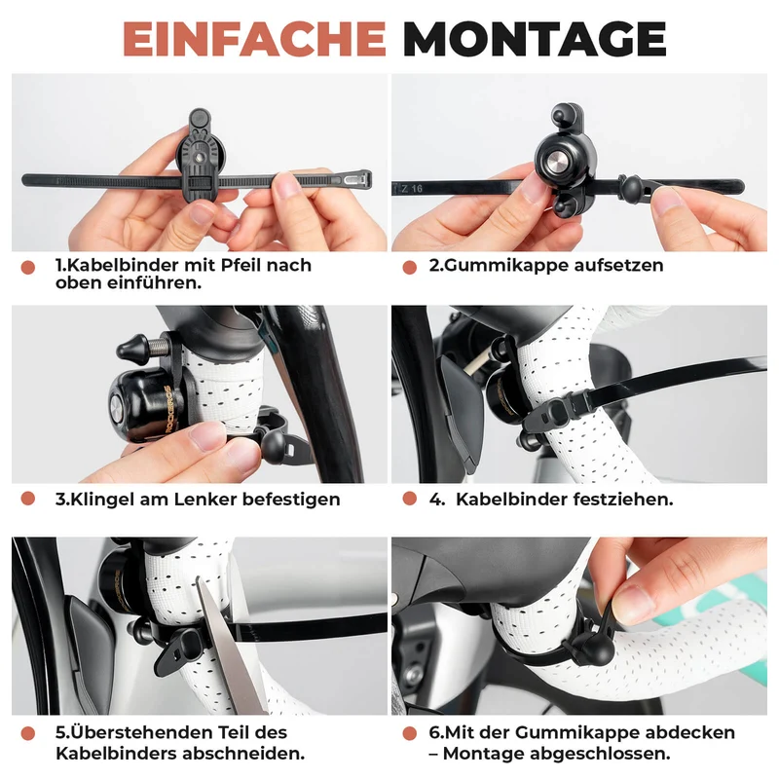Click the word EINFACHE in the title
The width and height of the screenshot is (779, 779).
point(254,39)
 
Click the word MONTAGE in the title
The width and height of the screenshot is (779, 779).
point(535,39)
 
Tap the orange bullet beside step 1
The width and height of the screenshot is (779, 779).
point(28,267)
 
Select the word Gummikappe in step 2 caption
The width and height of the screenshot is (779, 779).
point(505,265)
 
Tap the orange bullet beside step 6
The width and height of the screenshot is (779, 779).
point(410,733)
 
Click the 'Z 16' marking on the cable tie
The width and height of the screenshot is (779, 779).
point(411,189)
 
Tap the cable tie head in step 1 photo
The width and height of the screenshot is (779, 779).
point(357,179)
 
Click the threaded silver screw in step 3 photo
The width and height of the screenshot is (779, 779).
point(159,346)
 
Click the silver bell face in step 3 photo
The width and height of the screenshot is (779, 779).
point(116,410)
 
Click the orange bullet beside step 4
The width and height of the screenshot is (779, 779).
point(410,499)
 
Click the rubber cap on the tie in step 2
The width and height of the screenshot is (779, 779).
point(632,187)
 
